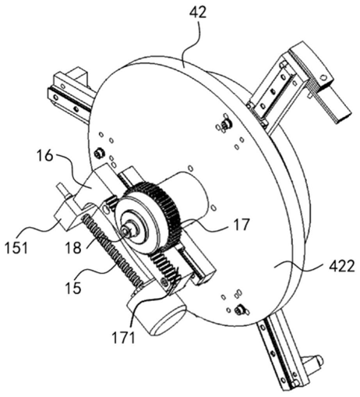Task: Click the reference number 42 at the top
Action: tap(198, 12)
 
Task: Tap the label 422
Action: tap(341, 267)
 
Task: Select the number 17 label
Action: tap(242, 225)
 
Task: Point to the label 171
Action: tap(123, 338)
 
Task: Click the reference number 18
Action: tap(73, 248)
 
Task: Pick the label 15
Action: tap(73, 288)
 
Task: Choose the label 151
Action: tap(16, 248)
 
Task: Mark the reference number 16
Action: tap(45, 155)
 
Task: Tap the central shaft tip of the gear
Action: tap(126, 230)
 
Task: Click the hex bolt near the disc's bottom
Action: tap(239, 310)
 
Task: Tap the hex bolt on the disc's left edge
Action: tap(99, 153)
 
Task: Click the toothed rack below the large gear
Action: tap(163, 270)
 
